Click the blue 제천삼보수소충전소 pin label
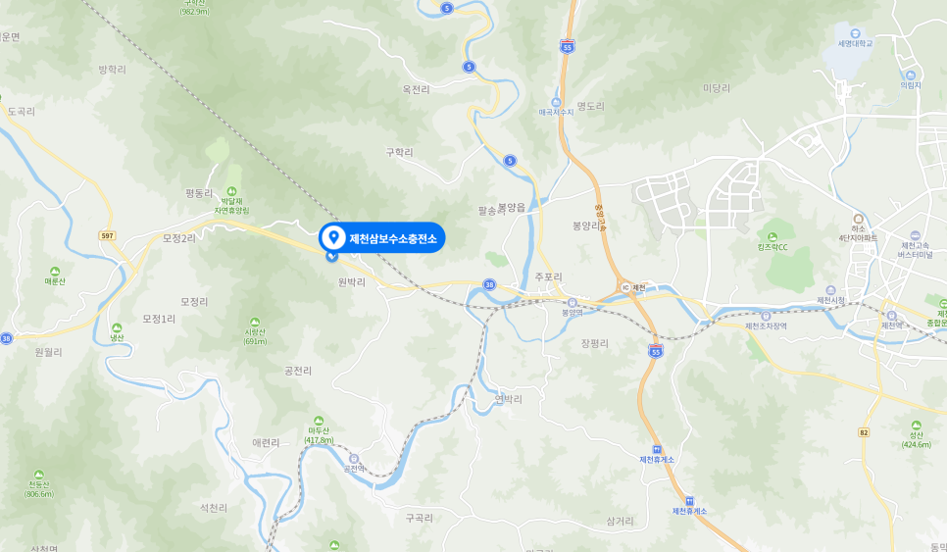click(381, 237)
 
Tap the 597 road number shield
click(108, 235)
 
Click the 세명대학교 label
click(855, 43)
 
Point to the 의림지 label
click(911, 85)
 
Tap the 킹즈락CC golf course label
click(772, 247)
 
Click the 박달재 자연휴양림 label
click(232, 204)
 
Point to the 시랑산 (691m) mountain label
click(256, 335)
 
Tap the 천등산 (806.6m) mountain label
click(39, 487)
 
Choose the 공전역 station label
click(354, 468)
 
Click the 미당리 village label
click(717, 88)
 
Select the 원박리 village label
click(350, 281)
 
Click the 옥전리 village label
click(416, 89)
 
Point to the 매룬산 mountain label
click(55, 280)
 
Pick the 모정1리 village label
click(159, 319)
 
